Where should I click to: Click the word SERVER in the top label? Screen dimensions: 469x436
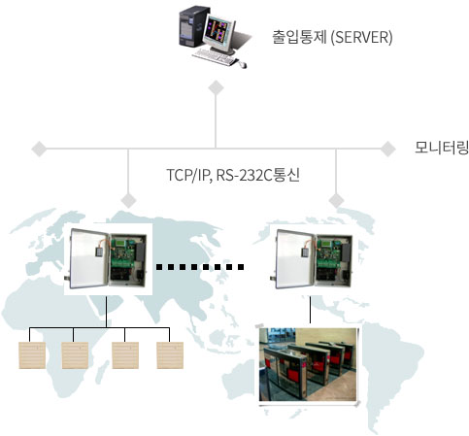tap(361, 37)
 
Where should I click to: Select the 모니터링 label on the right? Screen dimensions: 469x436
tap(442, 148)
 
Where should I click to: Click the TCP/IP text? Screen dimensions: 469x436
tap(188, 175)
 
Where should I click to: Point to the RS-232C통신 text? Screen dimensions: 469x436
tap(258, 175)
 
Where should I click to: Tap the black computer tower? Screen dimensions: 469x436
tap(192, 27)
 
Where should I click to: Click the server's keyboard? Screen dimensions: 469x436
tap(215, 56)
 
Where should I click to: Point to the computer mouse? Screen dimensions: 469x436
tap(243, 65)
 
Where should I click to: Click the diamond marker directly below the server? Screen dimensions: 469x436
tap(216, 88)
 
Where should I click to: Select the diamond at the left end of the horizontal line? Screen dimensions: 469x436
tap(40, 149)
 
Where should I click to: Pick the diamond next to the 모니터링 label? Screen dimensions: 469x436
tap(387, 149)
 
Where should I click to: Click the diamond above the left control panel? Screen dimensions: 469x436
tap(128, 200)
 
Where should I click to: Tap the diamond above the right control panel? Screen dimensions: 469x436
tap(336, 200)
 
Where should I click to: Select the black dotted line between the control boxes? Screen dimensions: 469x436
tap(200, 267)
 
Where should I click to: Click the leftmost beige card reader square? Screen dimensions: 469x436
tap(32, 355)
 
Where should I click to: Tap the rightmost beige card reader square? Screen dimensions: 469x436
tap(170, 355)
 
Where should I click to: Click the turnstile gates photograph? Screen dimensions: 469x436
tap(309, 365)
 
